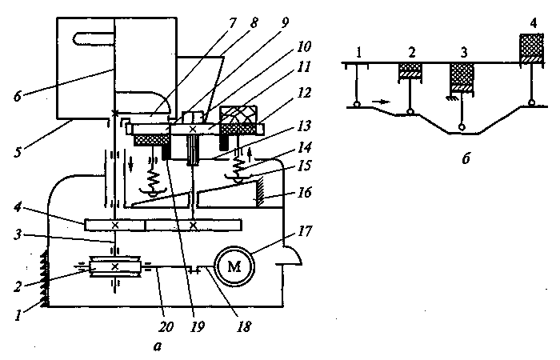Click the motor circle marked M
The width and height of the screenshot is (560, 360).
234,266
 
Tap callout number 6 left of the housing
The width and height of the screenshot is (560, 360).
18,96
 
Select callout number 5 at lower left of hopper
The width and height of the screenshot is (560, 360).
18,152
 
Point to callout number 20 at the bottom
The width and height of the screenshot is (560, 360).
166,326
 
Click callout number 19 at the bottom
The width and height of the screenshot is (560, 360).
198,326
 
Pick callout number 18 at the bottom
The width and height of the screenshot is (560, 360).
244,326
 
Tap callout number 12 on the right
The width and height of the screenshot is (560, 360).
304,93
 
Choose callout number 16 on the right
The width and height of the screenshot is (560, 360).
304,193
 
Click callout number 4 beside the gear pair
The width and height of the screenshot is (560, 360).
18,207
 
